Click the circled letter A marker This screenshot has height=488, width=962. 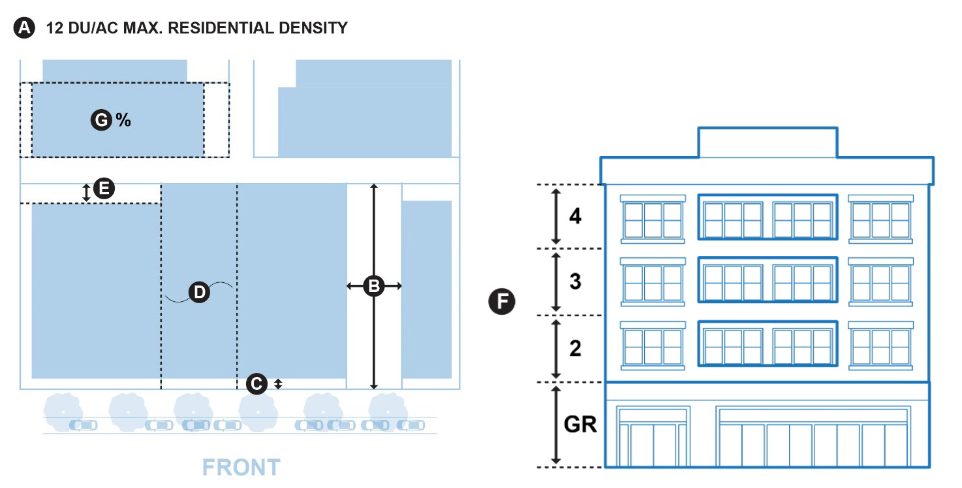(24, 28)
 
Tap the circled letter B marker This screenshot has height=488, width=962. (373, 285)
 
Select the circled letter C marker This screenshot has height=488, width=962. (257, 383)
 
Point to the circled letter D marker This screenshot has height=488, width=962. (199, 293)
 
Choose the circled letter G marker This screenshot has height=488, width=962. (101, 120)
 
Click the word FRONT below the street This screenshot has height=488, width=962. (241, 468)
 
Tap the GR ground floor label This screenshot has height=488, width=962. (580, 425)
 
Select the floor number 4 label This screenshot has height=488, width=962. (575, 216)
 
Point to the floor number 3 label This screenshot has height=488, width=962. (575, 282)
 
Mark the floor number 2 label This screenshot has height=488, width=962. (575, 348)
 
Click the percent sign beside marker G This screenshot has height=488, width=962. (123, 120)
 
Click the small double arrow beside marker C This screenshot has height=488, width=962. (278, 384)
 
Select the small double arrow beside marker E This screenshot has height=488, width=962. (86, 193)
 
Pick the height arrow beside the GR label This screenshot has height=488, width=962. (555, 425)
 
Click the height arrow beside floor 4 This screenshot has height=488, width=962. (555, 216)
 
